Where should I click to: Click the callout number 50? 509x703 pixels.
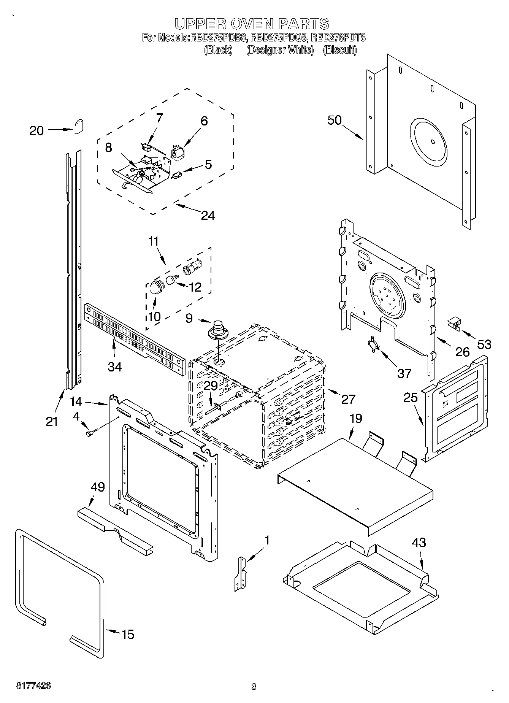pos(335,120)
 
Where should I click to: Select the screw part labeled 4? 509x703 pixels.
pos(91,432)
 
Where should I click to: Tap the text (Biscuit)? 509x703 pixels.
pos(339,50)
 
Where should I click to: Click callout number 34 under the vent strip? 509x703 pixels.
pos(114,367)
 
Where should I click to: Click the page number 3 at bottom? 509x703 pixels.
pos(254,686)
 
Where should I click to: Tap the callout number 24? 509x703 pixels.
pos(208,216)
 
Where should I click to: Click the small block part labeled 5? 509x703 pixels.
pos(177,175)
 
